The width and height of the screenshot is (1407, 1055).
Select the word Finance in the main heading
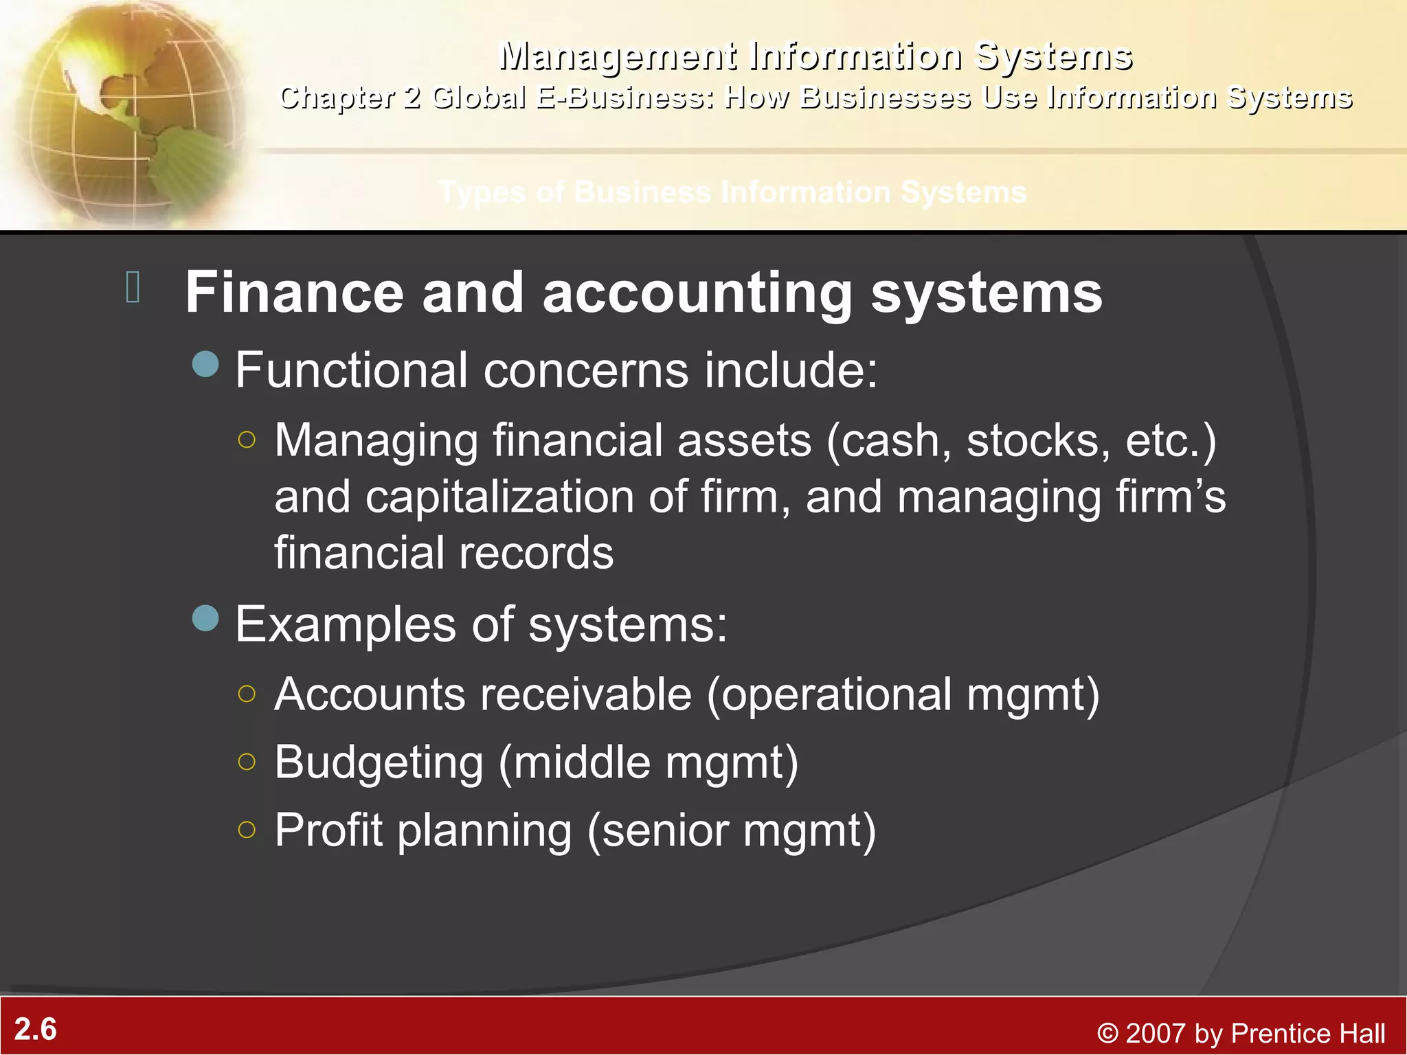294,293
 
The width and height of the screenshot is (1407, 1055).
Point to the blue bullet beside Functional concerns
205,364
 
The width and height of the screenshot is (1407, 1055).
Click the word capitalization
499,497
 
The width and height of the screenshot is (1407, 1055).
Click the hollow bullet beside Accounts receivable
247,694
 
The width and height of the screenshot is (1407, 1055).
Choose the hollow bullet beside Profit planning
247,830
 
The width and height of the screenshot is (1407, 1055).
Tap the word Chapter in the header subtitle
337,98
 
